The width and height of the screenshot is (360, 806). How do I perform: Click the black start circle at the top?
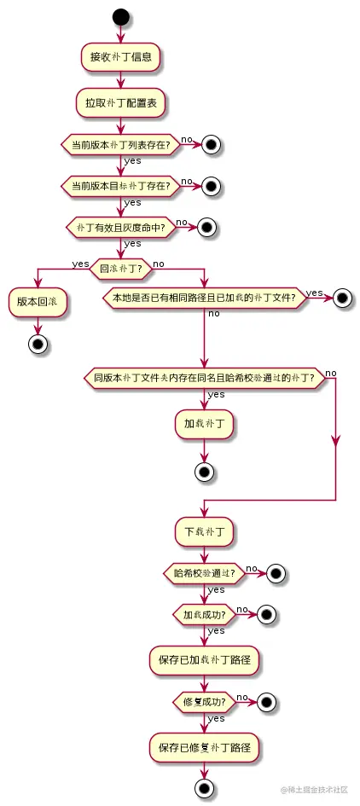click(120, 17)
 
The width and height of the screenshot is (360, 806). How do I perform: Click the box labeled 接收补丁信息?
click(120, 58)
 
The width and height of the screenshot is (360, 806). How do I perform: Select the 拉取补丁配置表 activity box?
click(120, 102)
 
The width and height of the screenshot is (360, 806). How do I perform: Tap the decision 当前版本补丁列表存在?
click(120, 145)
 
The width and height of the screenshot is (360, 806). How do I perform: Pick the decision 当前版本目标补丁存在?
click(120, 184)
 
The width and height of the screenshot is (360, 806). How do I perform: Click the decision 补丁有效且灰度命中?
click(120, 228)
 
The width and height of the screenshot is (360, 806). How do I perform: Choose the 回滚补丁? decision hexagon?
click(120, 267)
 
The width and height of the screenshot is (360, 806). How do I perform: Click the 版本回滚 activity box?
click(38, 302)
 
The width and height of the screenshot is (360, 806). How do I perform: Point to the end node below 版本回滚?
click(38, 344)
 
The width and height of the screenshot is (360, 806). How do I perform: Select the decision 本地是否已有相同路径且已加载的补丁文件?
click(205, 298)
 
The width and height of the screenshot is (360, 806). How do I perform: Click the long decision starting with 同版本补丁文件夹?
click(205, 377)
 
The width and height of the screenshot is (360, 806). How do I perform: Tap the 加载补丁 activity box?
click(205, 423)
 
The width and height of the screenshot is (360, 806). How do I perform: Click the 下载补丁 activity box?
click(205, 531)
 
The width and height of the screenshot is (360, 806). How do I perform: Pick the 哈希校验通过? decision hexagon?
click(205, 573)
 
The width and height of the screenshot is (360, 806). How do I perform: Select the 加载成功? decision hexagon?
click(205, 613)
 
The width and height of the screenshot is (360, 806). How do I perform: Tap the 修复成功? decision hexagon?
click(205, 703)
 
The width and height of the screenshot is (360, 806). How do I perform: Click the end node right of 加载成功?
click(265, 613)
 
